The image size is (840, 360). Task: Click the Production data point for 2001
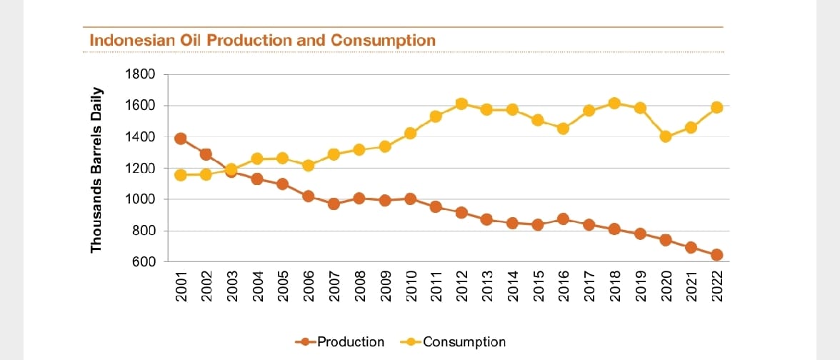point(181,139)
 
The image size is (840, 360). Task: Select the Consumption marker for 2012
point(461,104)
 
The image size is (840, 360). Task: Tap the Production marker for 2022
point(716,255)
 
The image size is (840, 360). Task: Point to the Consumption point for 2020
point(666,136)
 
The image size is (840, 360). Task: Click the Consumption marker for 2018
point(614,104)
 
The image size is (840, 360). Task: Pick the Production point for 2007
point(334,204)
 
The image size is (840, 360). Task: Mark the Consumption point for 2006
point(308,166)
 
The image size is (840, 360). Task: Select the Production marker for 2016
point(564,219)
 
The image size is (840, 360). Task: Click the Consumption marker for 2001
point(181,175)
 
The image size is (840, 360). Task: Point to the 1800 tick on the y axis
point(141,74)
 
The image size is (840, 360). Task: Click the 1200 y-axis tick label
point(141,169)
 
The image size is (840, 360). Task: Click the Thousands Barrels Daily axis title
point(97,170)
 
